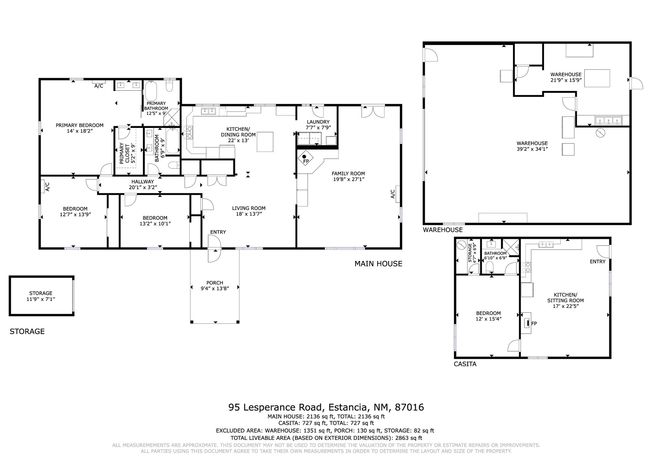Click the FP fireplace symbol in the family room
(306, 158)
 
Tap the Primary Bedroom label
(80, 125)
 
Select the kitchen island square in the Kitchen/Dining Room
(265, 142)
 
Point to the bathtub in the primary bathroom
(151, 91)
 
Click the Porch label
(215, 283)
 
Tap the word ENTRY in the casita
(598, 262)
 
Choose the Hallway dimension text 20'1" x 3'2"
(143, 187)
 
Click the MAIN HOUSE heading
(378, 264)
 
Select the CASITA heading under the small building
(465, 364)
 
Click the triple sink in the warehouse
(608, 120)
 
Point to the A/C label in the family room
(393, 194)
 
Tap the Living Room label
(249, 208)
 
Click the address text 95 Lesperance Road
(276, 407)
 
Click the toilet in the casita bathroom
(490, 267)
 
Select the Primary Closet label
(125, 153)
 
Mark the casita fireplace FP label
(534, 324)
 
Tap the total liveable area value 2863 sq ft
(409, 438)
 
